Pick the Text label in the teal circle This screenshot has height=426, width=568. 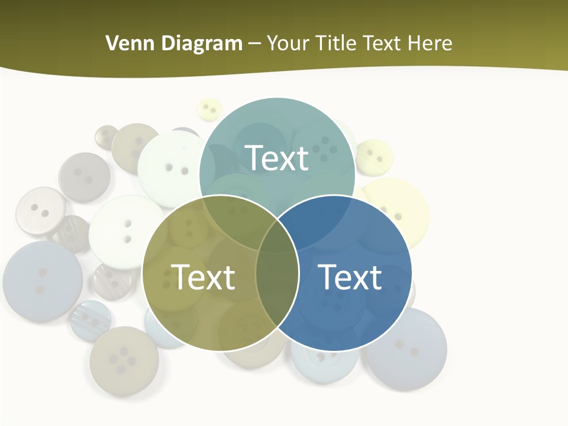(x=277, y=158)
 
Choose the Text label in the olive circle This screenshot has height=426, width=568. (x=203, y=276)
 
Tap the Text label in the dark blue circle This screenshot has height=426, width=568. (x=350, y=276)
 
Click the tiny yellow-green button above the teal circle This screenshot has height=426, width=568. (x=209, y=109)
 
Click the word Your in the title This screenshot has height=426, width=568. (x=290, y=43)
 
